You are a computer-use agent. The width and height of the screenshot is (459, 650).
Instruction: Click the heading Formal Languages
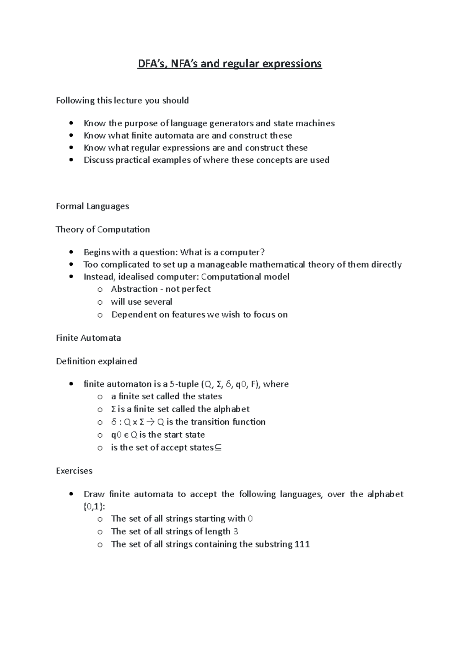92,206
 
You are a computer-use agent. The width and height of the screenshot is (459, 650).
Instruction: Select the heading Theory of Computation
103,230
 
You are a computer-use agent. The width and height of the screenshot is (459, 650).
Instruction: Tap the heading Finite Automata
88,338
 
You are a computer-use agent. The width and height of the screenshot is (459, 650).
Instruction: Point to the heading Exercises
74,471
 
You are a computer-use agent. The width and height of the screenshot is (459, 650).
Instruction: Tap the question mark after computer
262,252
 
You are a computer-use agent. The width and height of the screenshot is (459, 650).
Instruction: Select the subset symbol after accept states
218,447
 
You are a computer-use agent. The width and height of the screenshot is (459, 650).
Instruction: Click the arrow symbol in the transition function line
150,422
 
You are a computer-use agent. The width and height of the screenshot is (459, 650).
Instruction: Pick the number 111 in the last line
302,544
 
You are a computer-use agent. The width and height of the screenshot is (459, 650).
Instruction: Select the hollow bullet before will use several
100,302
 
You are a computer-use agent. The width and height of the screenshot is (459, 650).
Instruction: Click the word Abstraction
134,289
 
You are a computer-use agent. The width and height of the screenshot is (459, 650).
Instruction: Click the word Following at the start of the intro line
75,101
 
